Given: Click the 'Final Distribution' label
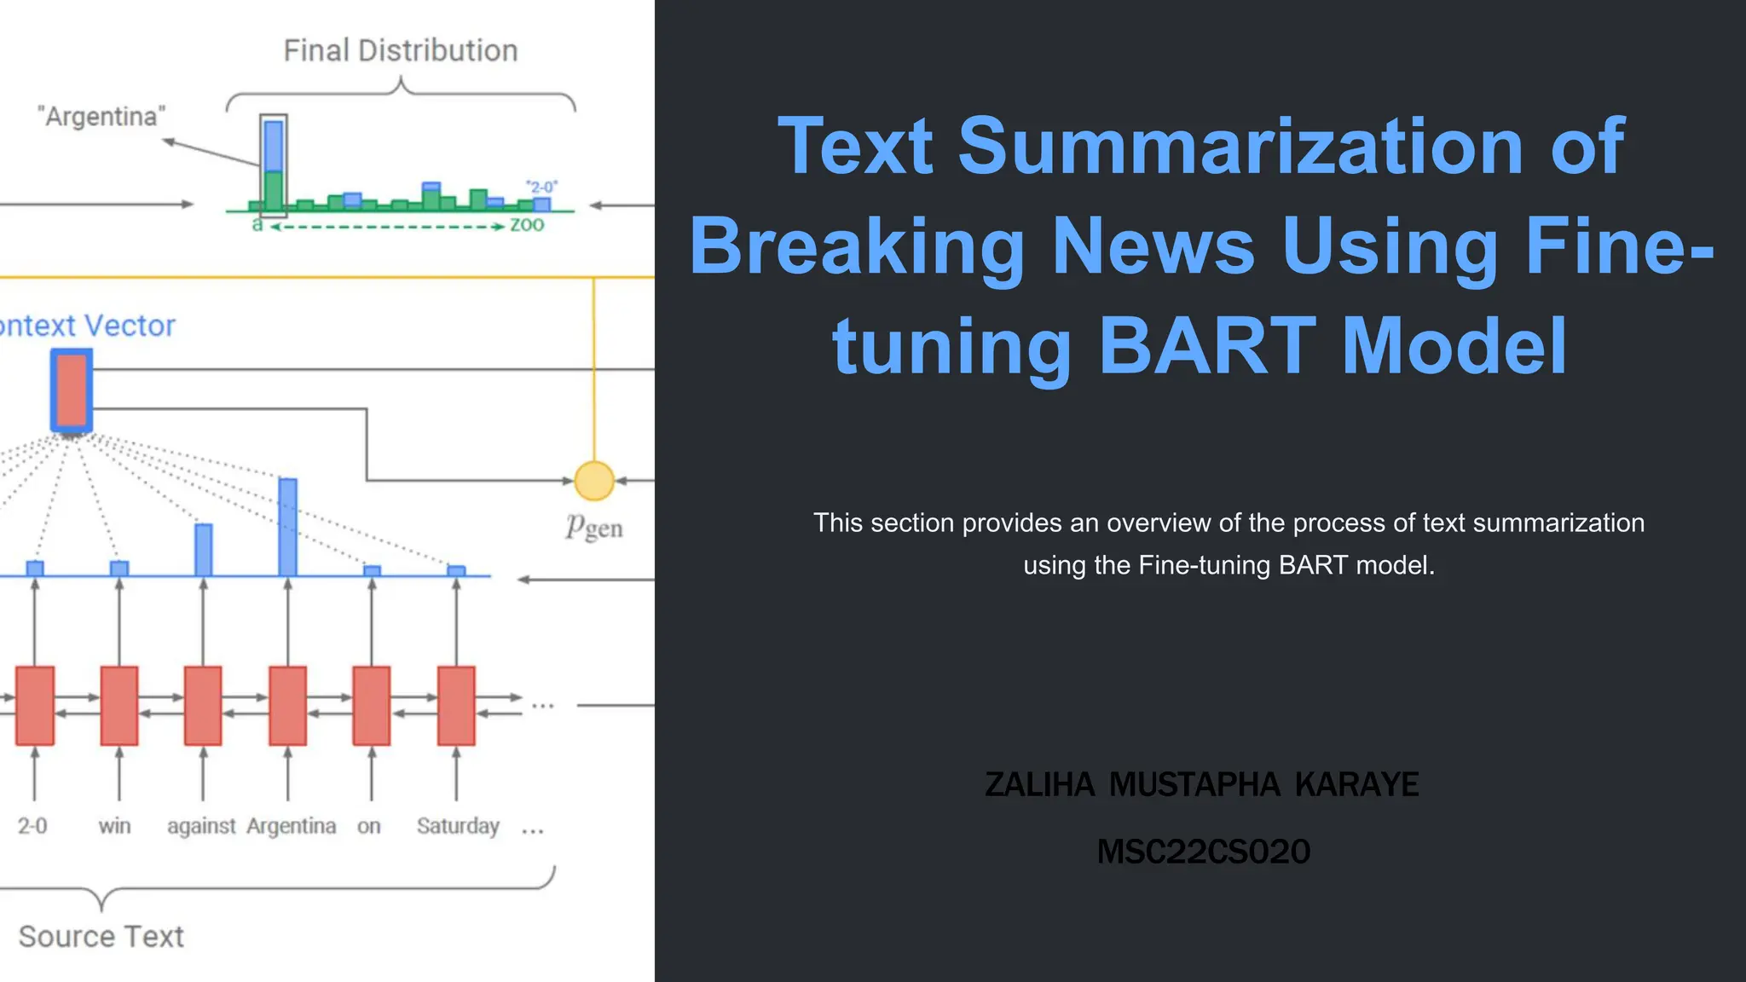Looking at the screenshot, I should pos(401,51).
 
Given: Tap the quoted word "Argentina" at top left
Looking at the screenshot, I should pos(101,117).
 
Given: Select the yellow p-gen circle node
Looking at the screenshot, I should pos(594,481).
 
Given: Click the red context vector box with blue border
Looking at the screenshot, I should pos(72,390).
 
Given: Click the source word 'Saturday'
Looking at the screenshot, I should pos(458,826).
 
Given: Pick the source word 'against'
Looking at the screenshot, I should pos(201,826).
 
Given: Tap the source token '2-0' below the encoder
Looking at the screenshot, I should pos(32,826).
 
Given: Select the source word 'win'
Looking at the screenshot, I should pos(114,826).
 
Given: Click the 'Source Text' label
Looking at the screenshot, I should pos(101,937).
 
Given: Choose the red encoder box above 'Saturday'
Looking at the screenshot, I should pos(456,706).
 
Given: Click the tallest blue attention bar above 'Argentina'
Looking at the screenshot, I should pos(288,527).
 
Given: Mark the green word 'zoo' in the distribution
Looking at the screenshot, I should pos(527,225).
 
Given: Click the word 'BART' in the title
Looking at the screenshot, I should pos(1207,346).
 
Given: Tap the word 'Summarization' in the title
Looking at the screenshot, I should pos(1240,146).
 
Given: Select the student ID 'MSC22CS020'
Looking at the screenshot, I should pos(1203,852).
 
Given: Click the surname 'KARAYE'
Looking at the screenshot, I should pos(1356,785).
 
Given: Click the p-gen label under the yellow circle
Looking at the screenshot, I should pos(594,528).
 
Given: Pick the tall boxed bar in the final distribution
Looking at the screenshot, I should pos(274,164).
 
